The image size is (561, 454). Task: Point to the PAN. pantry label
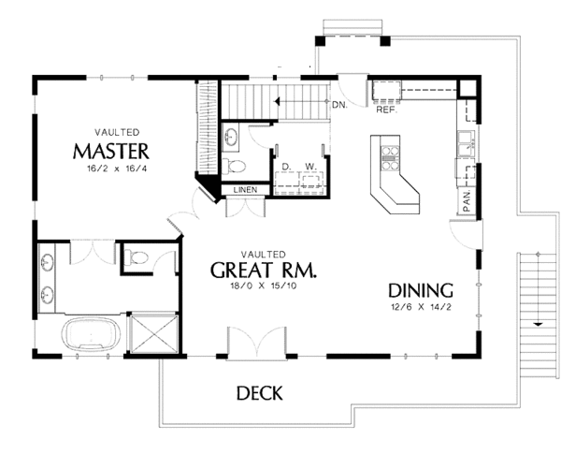[x=465, y=202]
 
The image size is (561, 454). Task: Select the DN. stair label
[x=340, y=104]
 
